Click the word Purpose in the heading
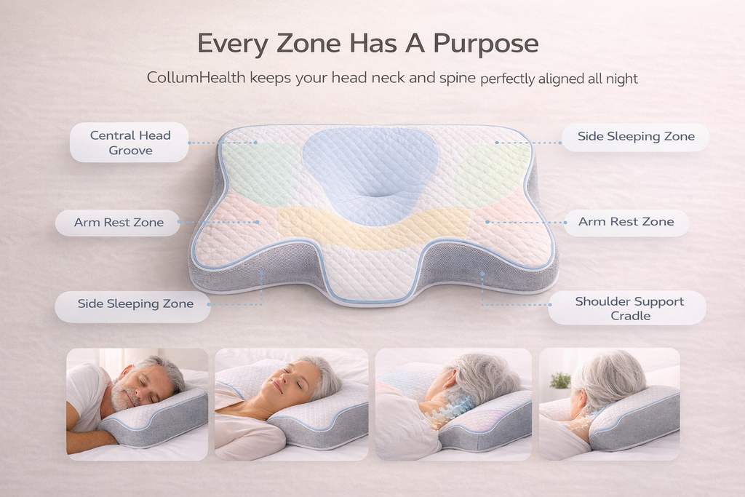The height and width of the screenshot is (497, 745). pyautogui.click(x=485, y=44)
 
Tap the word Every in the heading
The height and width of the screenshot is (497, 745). pyautogui.click(x=232, y=44)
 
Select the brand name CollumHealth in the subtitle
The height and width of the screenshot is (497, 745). pyautogui.click(x=196, y=77)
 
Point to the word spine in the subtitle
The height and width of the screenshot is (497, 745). pyautogui.click(x=457, y=77)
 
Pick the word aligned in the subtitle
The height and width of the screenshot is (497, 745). pyautogui.click(x=565, y=79)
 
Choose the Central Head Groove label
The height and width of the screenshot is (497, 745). pyautogui.click(x=130, y=143)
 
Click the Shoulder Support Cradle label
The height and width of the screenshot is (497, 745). pyautogui.click(x=629, y=308)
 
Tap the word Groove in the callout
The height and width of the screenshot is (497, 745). pyautogui.click(x=130, y=151)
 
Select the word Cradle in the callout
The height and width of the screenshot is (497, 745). pyautogui.click(x=630, y=316)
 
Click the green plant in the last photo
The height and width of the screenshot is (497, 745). pyautogui.click(x=560, y=380)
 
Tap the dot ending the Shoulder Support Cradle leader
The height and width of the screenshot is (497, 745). pyautogui.click(x=482, y=274)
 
